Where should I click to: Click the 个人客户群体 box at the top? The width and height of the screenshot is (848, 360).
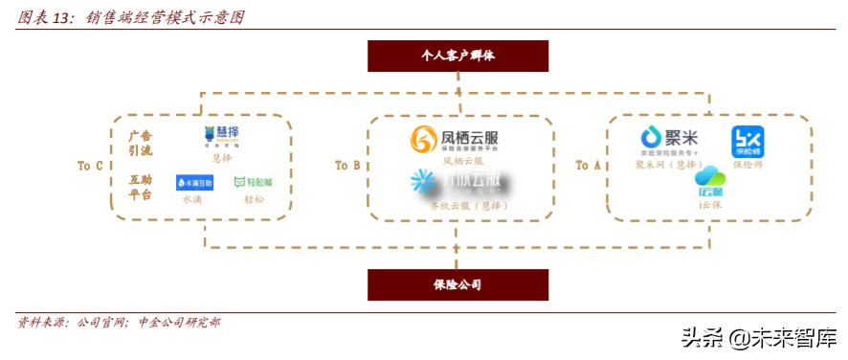pos(457,56)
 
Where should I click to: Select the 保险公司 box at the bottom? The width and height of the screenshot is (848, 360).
pos(457,284)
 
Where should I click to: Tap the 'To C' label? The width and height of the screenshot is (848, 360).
pos(90,166)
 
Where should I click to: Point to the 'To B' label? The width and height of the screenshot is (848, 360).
pos(347,166)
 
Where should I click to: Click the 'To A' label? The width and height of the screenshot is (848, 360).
pos(588,166)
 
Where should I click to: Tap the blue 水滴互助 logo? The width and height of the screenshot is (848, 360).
pos(194,182)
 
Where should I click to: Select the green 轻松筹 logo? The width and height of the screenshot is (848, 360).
pos(253,182)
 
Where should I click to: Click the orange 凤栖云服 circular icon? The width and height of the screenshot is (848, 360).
pos(422,141)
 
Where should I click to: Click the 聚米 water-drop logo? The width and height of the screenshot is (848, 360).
pos(653,138)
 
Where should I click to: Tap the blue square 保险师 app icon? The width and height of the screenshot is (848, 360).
pos(748,142)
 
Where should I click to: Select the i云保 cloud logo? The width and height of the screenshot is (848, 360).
pos(710,182)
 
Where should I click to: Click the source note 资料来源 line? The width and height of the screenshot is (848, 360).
pos(119,323)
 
